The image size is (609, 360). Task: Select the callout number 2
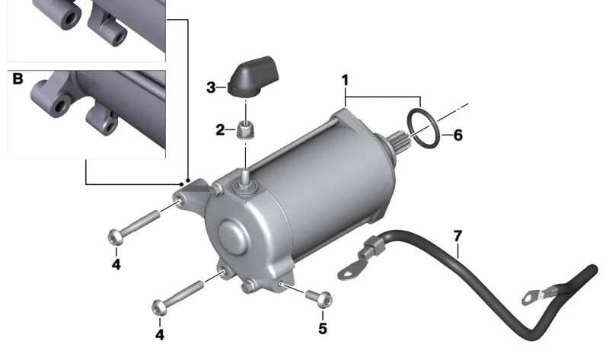point(220,130)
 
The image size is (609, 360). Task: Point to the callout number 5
point(322,328)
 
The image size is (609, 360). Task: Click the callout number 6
point(457,136)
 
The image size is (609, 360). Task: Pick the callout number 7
point(457,236)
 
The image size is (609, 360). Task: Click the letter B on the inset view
point(17,78)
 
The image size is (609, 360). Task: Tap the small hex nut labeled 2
point(245,130)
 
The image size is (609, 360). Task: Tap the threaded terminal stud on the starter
point(245,174)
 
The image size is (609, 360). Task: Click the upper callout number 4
point(116,264)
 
